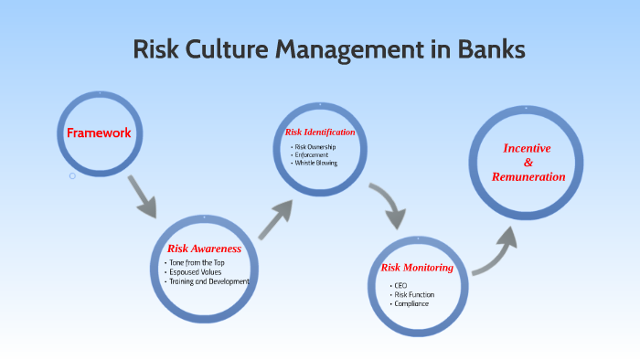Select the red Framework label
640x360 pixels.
click(x=99, y=133)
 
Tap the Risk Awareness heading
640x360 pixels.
click(x=204, y=249)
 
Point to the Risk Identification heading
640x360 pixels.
click(x=319, y=132)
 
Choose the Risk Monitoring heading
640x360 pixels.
click(x=417, y=268)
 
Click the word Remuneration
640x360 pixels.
click(x=528, y=176)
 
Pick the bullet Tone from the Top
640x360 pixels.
click(x=197, y=263)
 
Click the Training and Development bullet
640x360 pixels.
click(x=209, y=281)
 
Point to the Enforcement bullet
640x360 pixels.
click(x=311, y=155)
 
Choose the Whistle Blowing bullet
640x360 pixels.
click(x=316, y=163)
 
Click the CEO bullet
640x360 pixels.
click(x=400, y=285)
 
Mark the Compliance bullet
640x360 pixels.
click(x=411, y=302)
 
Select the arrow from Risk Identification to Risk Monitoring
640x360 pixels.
click(x=388, y=205)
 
